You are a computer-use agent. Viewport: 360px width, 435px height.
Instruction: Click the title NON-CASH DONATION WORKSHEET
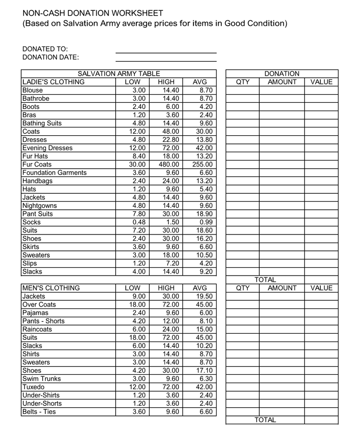(93, 13)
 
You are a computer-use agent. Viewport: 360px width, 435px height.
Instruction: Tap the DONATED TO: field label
(45, 49)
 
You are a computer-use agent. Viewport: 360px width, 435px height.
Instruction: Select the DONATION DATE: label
(51, 57)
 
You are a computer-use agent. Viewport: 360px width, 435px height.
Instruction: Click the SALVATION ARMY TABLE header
(119, 74)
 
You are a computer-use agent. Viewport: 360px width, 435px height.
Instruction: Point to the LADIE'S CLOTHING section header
(53, 82)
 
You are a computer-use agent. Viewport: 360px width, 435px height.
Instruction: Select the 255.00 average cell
(202, 165)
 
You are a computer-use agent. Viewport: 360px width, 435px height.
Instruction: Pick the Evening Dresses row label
(48, 148)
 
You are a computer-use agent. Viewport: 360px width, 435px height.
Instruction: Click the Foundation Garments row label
(55, 173)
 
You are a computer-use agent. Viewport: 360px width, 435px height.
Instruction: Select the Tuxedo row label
(34, 387)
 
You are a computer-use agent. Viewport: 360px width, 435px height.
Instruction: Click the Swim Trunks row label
(42, 379)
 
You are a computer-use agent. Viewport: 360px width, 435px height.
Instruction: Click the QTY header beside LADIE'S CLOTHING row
(242, 82)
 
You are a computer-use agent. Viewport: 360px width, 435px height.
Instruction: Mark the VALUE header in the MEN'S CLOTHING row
(321, 288)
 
